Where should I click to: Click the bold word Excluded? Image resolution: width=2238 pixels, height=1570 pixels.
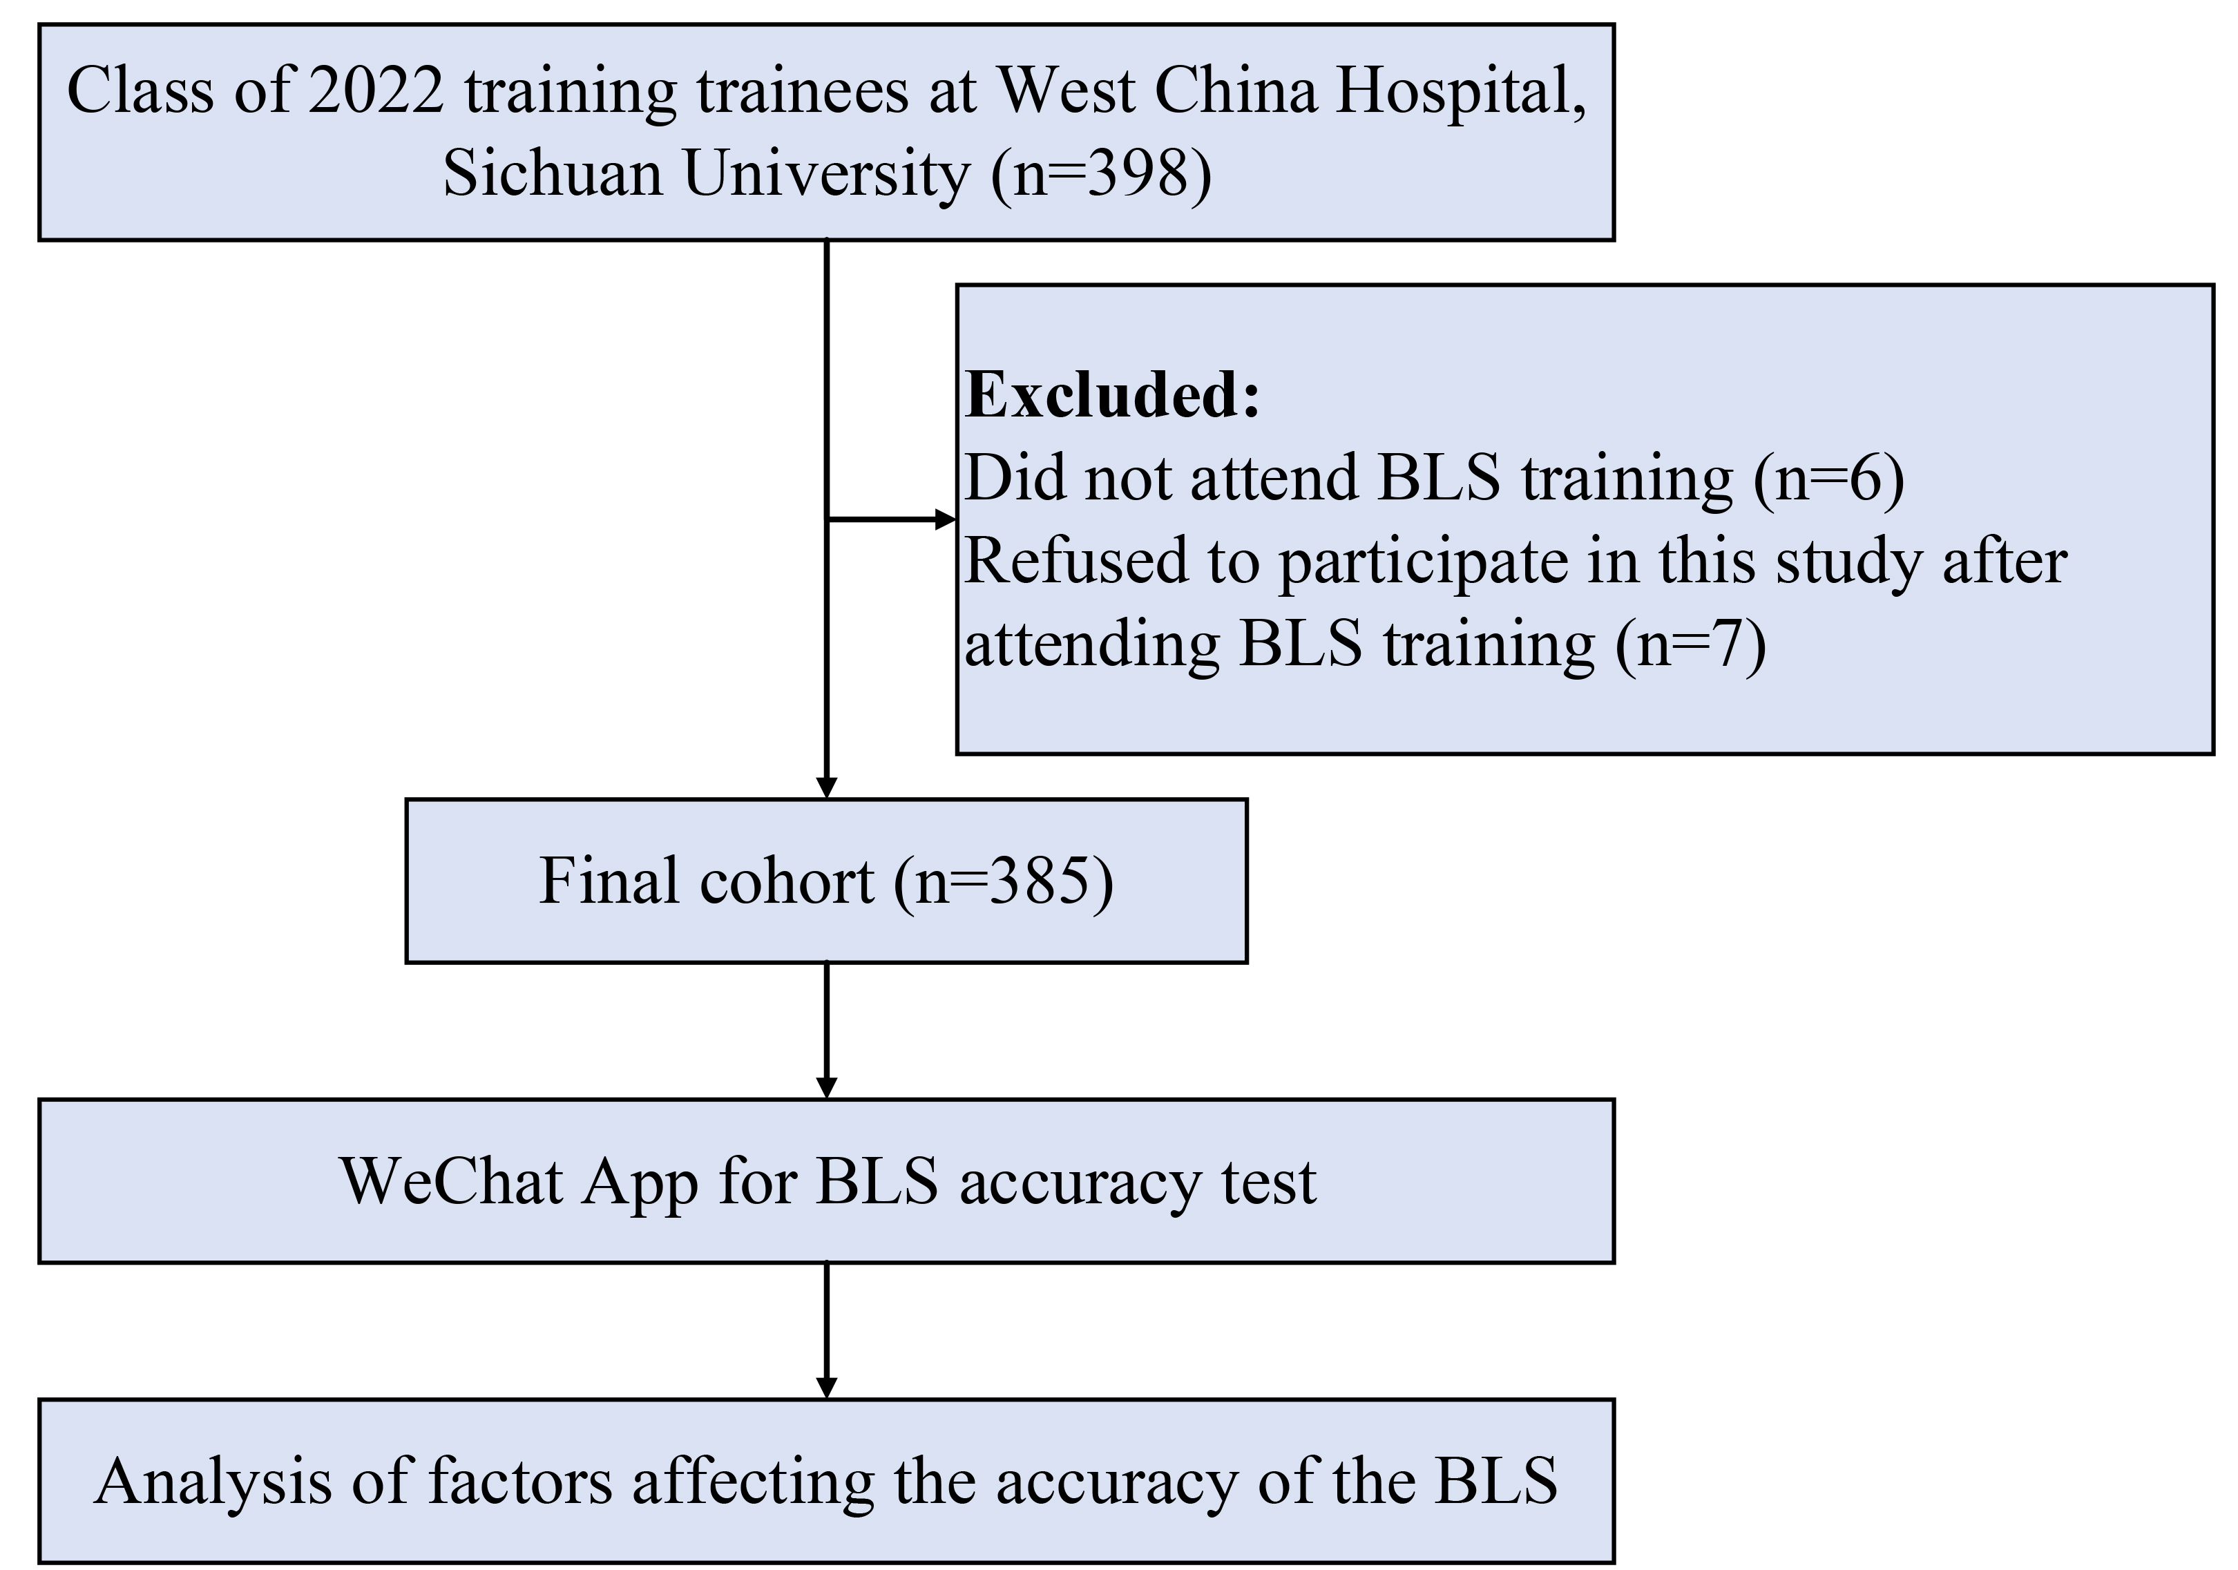[1111, 396]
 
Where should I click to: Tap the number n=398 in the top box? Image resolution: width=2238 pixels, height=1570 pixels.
[1102, 175]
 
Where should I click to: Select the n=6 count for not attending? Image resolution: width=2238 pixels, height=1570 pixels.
[1828, 479]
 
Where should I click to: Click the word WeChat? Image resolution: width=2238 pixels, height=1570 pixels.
[451, 1182]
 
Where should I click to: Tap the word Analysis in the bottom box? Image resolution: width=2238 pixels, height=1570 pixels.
[213, 1482]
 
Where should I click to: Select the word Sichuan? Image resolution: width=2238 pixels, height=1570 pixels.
[552, 175]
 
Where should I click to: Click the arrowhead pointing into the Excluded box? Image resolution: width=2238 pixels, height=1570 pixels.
[946, 519]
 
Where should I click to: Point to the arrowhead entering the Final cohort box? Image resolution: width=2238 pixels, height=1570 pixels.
[827, 787]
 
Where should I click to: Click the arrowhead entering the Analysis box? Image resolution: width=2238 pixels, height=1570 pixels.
[827, 1388]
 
